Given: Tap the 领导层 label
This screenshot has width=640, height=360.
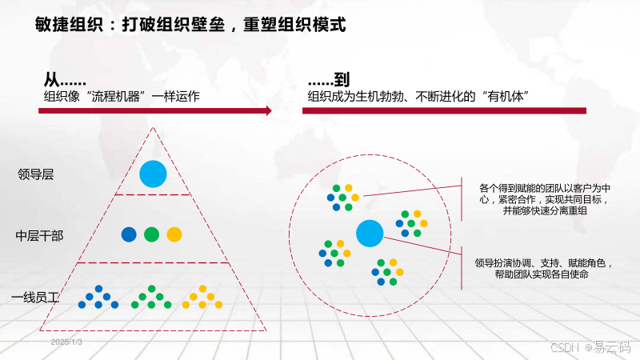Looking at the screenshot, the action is tap(35, 174).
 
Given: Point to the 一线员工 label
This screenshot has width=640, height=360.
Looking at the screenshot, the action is tap(36, 298).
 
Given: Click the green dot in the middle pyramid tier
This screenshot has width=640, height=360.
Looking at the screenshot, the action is tap(151, 234).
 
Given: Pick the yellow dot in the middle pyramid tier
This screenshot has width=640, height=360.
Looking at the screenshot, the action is tap(174, 234).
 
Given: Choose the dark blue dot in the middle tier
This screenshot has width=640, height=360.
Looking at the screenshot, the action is tap(129, 234).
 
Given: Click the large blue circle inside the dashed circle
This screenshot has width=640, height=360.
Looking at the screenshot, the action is tap(370, 233).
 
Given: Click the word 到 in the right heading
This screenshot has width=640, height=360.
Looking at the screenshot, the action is tap(342, 80).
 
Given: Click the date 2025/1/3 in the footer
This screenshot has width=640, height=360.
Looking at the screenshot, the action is tap(67, 342).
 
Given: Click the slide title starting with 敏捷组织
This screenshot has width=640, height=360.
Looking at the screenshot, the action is tap(190, 24).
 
